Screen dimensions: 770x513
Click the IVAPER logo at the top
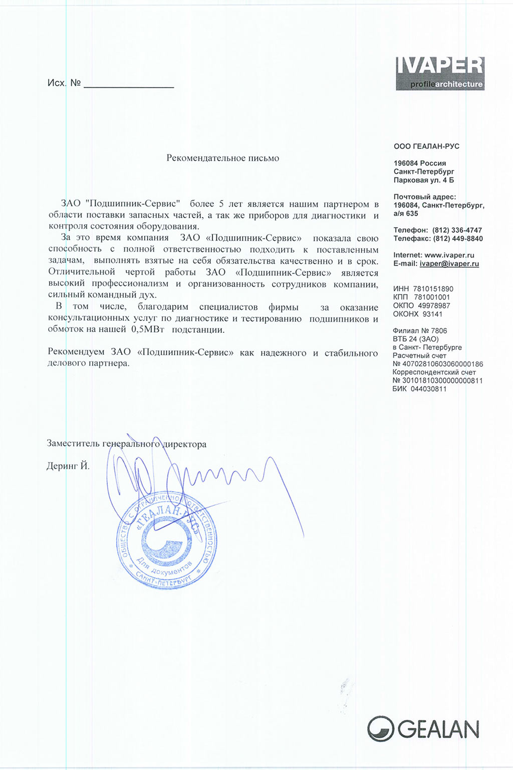pyautogui.click(x=440, y=73)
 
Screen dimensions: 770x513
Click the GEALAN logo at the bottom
pyautogui.click(x=423, y=729)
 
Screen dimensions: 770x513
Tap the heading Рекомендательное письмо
pyautogui.click(x=222, y=158)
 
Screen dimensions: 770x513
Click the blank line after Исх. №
pyautogui.click(x=129, y=84)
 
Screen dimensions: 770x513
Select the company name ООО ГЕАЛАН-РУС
pyautogui.click(x=426, y=146)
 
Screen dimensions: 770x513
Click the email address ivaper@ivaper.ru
pyautogui.click(x=449, y=264)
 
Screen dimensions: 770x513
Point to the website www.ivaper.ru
pyautogui.click(x=449, y=255)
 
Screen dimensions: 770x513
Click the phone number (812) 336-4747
pyautogui.click(x=457, y=230)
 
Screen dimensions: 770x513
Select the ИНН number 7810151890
pyautogui.click(x=433, y=289)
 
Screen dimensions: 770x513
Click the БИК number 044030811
pyautogui.click(x=428, y=389)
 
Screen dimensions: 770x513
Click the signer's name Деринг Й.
pyautogui.click(x=68, y=466)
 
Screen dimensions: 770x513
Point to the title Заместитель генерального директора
pyautogui.click(x=126, y=444)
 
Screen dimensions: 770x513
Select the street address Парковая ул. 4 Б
pyautogui.click(x=424, y=180)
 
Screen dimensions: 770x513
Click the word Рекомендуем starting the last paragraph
pyautogui.click(x=76, y=353)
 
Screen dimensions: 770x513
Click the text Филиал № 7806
pyautogui.click(x=420, y=331)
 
